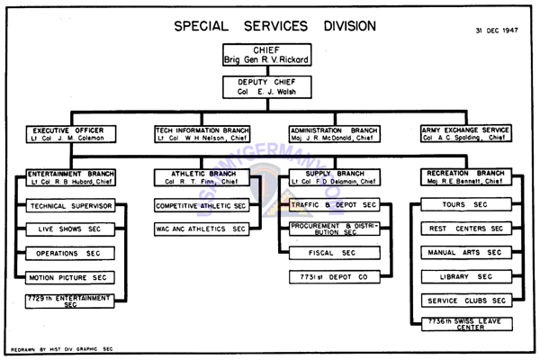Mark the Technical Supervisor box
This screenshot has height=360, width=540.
point(71,206)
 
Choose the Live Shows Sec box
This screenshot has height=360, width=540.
point(71,229)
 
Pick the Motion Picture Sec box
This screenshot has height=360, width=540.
point(71,277)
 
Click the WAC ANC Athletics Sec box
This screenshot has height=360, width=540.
point(202,229)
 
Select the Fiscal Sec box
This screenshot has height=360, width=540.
point(333,254)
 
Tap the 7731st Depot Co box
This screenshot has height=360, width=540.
point(333,277)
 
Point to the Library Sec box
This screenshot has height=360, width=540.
point(466,277)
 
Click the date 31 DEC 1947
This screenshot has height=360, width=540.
point(498,30)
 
